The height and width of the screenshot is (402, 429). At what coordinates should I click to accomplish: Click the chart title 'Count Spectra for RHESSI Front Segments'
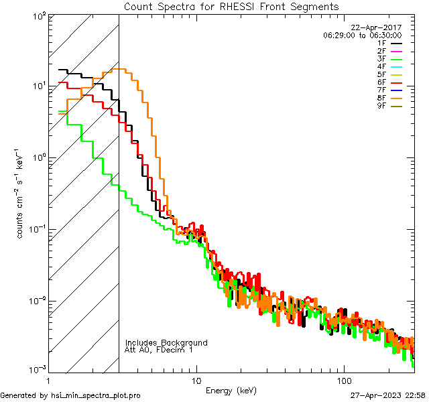[231, 6]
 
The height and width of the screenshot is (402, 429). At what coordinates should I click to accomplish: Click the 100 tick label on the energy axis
[343, 381]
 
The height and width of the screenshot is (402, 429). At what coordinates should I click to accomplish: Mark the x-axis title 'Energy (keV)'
[231, 390]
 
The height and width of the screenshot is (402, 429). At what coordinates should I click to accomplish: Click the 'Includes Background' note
[166, 342]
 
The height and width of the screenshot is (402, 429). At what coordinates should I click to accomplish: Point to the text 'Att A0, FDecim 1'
[160, 350]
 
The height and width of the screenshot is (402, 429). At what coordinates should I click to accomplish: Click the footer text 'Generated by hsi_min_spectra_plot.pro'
[70, 395]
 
